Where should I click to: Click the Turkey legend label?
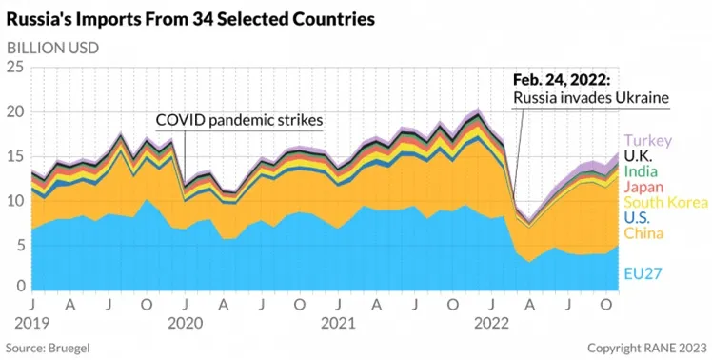point(647,140)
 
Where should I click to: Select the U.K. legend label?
point(638,156)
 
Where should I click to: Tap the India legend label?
point(641,171)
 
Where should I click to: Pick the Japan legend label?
point(643,187)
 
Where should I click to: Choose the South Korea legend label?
point(665,202)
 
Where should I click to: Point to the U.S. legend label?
point(637,218)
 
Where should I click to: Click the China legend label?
point(643,233)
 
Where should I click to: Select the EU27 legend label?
point(643,273)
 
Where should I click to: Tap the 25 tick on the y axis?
point(14,69)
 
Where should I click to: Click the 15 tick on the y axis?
point(15,156)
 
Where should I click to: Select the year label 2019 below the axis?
point(31,324)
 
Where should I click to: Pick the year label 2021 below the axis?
point(338,324)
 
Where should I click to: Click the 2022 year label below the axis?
point(491,324)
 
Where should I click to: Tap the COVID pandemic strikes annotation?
point(239,120)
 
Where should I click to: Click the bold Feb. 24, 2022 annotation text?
point(562,80)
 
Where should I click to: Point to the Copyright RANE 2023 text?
point(647,349)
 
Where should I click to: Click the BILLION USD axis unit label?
point(52,49)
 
